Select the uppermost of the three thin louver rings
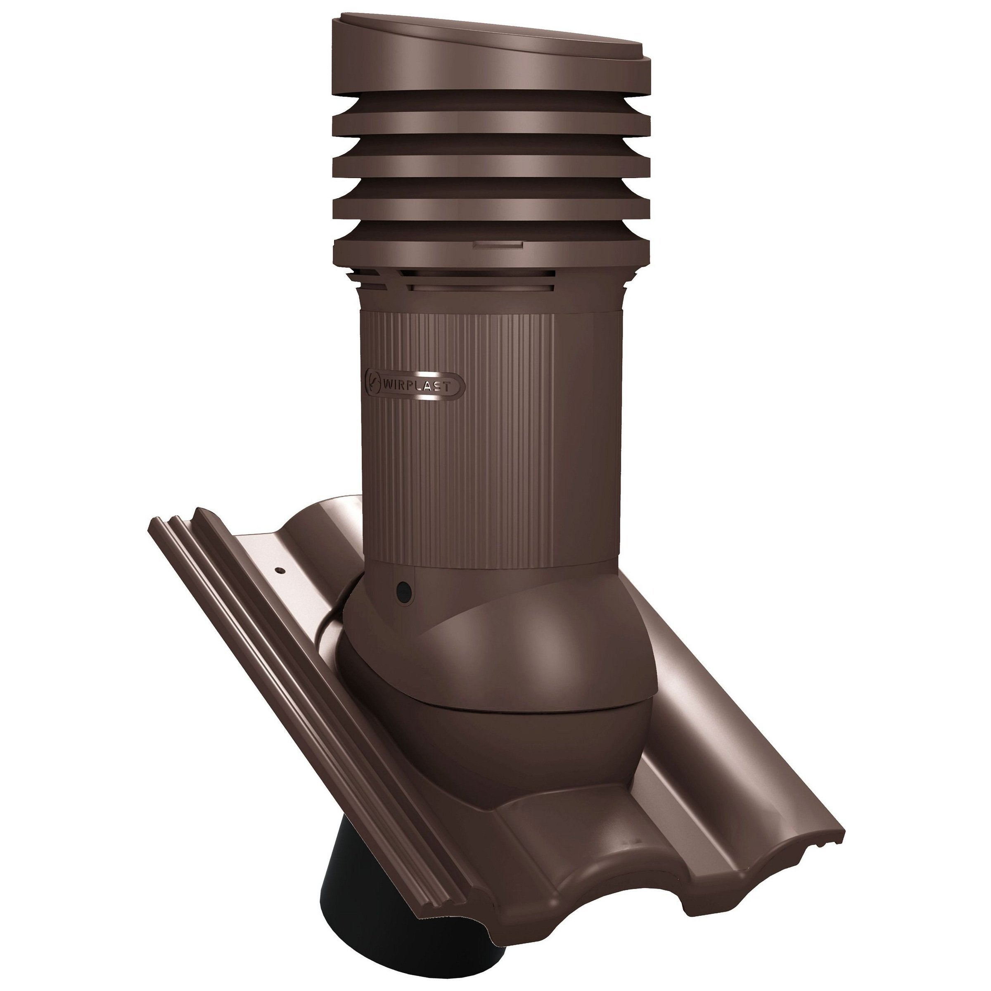491,114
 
